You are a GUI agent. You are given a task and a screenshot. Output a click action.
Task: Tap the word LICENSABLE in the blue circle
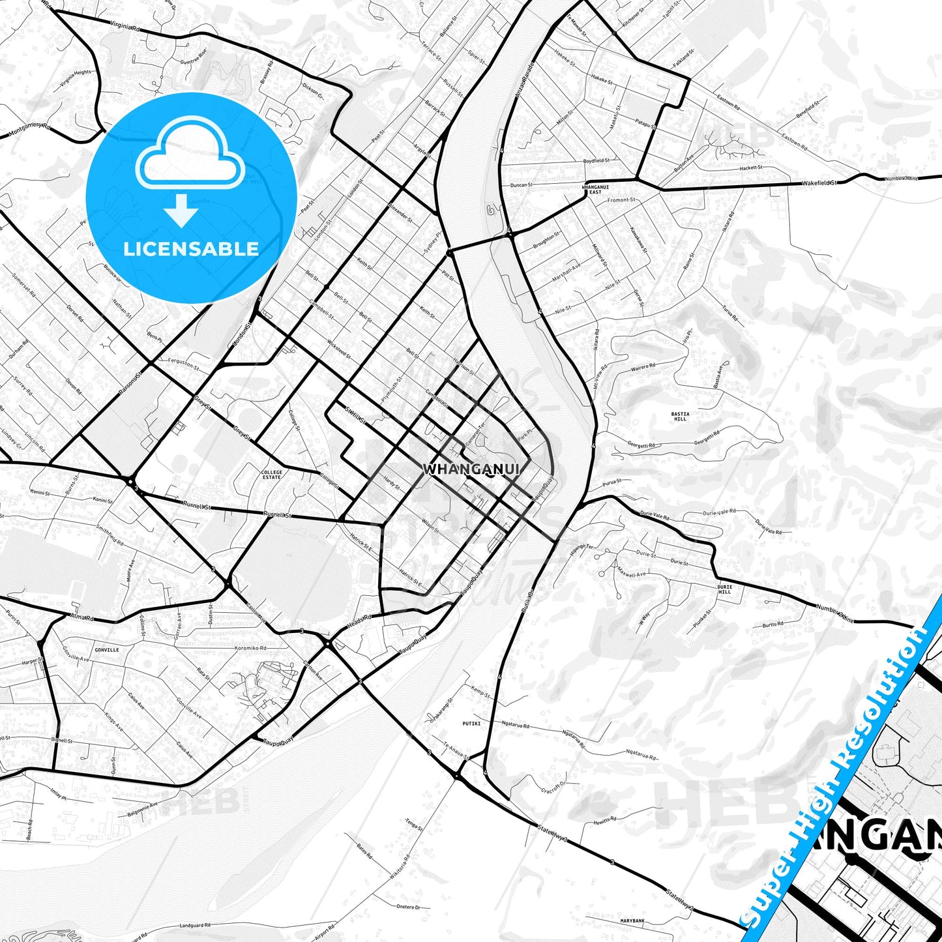(191, 248)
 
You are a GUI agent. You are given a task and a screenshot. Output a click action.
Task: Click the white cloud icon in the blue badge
(190, 155)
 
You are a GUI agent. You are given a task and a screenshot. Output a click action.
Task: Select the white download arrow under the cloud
(181, 210)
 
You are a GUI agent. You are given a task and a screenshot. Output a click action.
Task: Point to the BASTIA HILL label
(680, 416)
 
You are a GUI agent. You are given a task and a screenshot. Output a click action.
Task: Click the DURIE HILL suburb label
(724, 589)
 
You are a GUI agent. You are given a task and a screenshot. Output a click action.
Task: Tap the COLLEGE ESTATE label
(272, 475)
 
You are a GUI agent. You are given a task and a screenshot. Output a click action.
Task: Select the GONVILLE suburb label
(107, 650)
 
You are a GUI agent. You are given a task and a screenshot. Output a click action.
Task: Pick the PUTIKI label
(471, 723)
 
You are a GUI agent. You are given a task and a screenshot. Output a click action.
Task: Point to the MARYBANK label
(632, 920)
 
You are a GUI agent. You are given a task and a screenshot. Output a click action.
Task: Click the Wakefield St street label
(819, 183)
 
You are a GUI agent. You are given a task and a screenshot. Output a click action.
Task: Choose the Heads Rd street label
(359, 621)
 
